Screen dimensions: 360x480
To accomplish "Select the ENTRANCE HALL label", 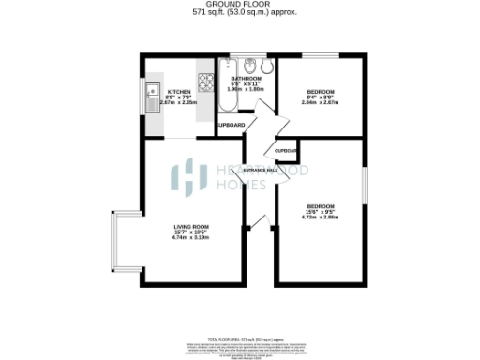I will (x=260, y=170).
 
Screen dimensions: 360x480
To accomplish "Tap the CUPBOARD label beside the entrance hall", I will (x=286, y=151).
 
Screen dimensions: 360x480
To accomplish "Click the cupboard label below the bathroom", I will (x=231, y=126).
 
